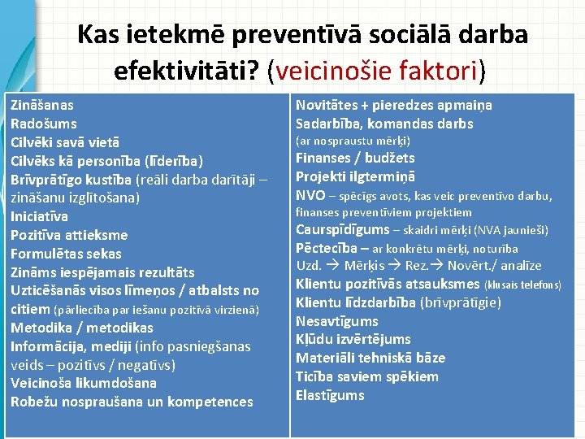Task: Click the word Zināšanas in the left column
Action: point(42,105)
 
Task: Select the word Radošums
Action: point(44,124)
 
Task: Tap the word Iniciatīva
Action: point(39,216)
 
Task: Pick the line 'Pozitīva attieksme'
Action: point(69,235)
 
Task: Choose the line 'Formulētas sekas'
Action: point(66,254)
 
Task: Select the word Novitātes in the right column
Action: point(326,105)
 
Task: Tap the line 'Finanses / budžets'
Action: point(355,158)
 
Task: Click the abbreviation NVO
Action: point(310,195)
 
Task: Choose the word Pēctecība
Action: point(326,248)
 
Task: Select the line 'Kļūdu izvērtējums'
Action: point(353,339)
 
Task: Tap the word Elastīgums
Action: point(330,395)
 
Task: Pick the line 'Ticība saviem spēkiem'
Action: point(367,376)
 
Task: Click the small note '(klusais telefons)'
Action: point(522,285)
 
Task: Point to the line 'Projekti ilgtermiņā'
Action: point(355,176)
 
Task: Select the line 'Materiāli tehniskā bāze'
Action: point(370,358)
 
